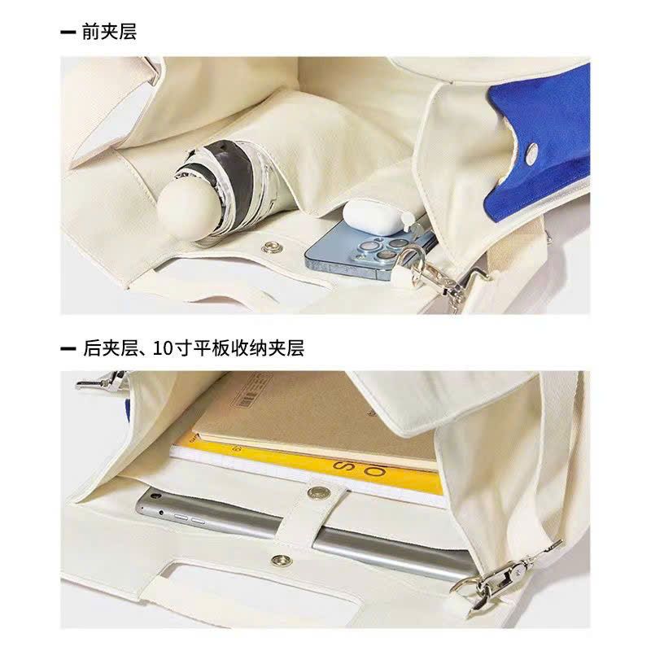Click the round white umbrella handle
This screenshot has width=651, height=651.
click(x=189, y=211)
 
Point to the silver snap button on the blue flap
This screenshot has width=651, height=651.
click(x=531, y=152)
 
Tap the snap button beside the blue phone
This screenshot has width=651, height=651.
click(x=271, y=249)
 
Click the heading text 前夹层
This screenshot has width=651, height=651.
click(x=109, y=32)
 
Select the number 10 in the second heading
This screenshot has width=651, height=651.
click(x=163, y=348)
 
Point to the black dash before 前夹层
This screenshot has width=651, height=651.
click(x=68, y=33)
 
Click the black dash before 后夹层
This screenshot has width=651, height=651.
click(x=68, y=348)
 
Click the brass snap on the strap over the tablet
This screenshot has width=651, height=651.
click(x=318, y=493)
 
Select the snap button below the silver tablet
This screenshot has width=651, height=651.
click(x=282, y=561)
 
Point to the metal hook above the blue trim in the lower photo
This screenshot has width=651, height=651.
click(x=103, y=380)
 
